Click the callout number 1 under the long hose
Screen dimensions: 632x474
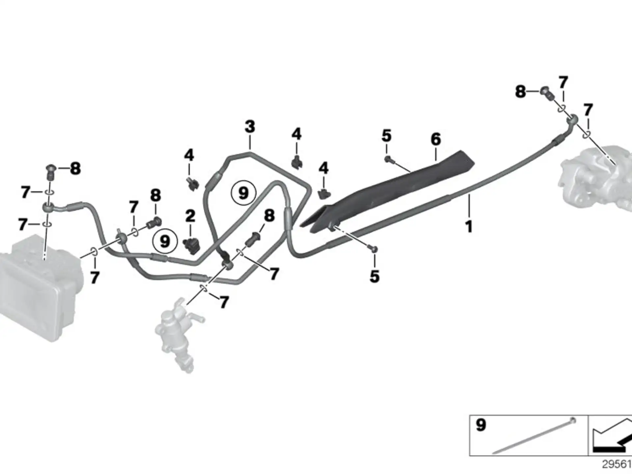[469, 227]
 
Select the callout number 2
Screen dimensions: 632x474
[190, 216]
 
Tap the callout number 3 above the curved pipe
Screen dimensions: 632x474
[250, 126]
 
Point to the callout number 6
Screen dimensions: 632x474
[436, 139]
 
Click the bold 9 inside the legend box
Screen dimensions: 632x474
[481, 425]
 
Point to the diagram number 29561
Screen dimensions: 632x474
[617, 464]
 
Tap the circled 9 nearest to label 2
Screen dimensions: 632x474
[165, 241]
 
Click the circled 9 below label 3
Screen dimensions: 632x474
[243, 193]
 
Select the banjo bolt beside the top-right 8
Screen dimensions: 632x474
[546, 92]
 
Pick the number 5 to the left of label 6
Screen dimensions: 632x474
[387, 136]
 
